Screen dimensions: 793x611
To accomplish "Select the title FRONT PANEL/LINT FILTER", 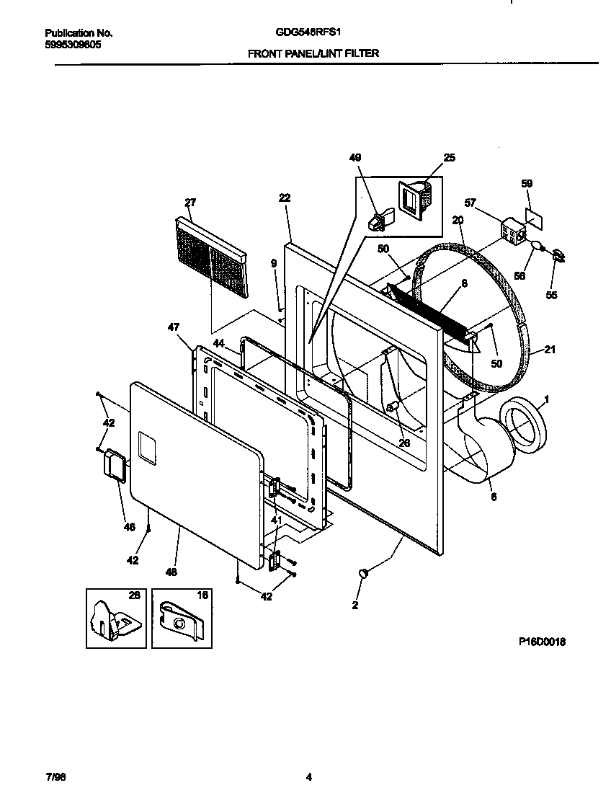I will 313,53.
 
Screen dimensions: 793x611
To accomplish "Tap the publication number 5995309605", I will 73,44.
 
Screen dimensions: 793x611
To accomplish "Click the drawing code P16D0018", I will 541,642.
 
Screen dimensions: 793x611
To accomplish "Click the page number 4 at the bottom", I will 308,777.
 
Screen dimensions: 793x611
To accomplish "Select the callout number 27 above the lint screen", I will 190,203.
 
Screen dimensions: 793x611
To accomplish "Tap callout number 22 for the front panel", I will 284,197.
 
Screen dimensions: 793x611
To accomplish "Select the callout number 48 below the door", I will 171,572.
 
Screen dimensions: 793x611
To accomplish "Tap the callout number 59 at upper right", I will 527,184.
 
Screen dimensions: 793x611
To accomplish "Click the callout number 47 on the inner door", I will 173,327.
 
